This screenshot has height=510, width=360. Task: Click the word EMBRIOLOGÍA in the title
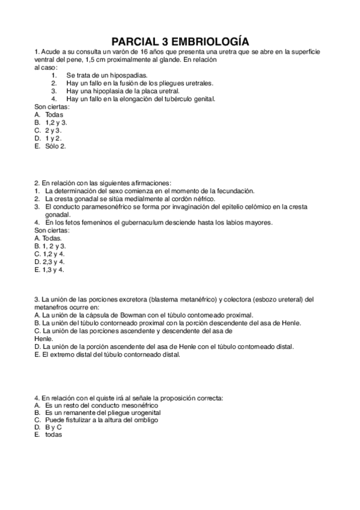[209, 41]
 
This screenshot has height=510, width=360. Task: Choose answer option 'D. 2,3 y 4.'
[50, 262]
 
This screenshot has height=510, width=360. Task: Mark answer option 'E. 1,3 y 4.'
[49, 269]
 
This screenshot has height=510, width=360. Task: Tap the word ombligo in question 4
[145, 420]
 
